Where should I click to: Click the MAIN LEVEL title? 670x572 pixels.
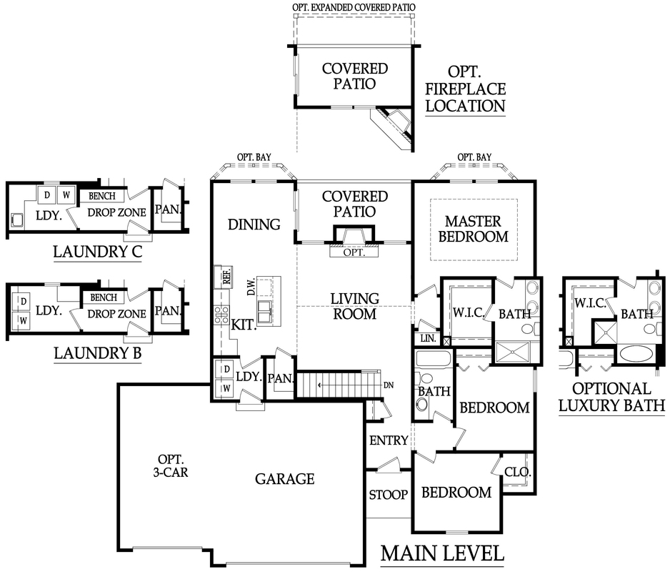pyautogui.click(x=442, y=553)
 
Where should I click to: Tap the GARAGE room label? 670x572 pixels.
pyautogui.click(x=284, y=479)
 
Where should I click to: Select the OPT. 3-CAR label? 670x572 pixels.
pyautogui.click(x=171, y=465)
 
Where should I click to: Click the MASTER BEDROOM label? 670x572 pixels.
pyautogui.click(x=474, y=229)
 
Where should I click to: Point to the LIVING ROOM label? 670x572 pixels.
pyautogui.click(x=355, y=306)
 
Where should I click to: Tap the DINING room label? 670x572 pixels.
pyautogui.click(x=254, y=225)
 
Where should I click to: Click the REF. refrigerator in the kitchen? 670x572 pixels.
pyautogui.click(x=224, y=277)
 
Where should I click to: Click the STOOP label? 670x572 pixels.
pyautogui.click(x=388, y=495)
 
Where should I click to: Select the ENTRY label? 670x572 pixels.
pyautogui.click(x=389, y=440)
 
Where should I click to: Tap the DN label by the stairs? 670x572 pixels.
pyautogui.click(x=389, y=385)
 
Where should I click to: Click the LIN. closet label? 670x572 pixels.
pyautogui.click(x=428, y=338)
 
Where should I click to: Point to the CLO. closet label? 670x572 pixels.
pyautogui.click(x=517, y=472)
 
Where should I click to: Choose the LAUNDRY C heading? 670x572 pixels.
pyautogui.click(x=97, y=252)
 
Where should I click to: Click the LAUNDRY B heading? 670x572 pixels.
pyautogui.click(x=97, y=353)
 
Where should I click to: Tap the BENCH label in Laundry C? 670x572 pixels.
pyautogui.click(x=102, y=196)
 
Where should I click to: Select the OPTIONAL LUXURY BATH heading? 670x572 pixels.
pyautogui.click(x=612, y=397)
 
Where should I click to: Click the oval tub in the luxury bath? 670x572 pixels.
pyautogui.click(x=636, y=354)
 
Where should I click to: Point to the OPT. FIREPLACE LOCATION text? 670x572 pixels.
pyautogui.click(x=465, y=89)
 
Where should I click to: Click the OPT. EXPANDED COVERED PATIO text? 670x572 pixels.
pyautogui.click(x=354, y=7)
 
